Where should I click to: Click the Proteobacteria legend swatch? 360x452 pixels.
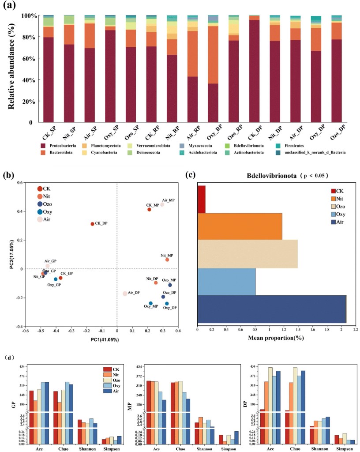pyautogui.click(x=43, y=145)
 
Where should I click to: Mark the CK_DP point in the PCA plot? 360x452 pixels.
pyautogui.click(x=92, y=224)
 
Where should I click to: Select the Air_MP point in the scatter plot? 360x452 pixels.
pyautogui.click(x=162, y=204)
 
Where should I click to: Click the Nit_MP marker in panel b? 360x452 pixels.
pyautogui.click(x=167, y=260)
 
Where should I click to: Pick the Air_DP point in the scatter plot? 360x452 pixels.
pyautogui.click(x=125, y=294)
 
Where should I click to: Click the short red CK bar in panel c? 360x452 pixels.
pyautogui.click(x=202, y=199)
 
